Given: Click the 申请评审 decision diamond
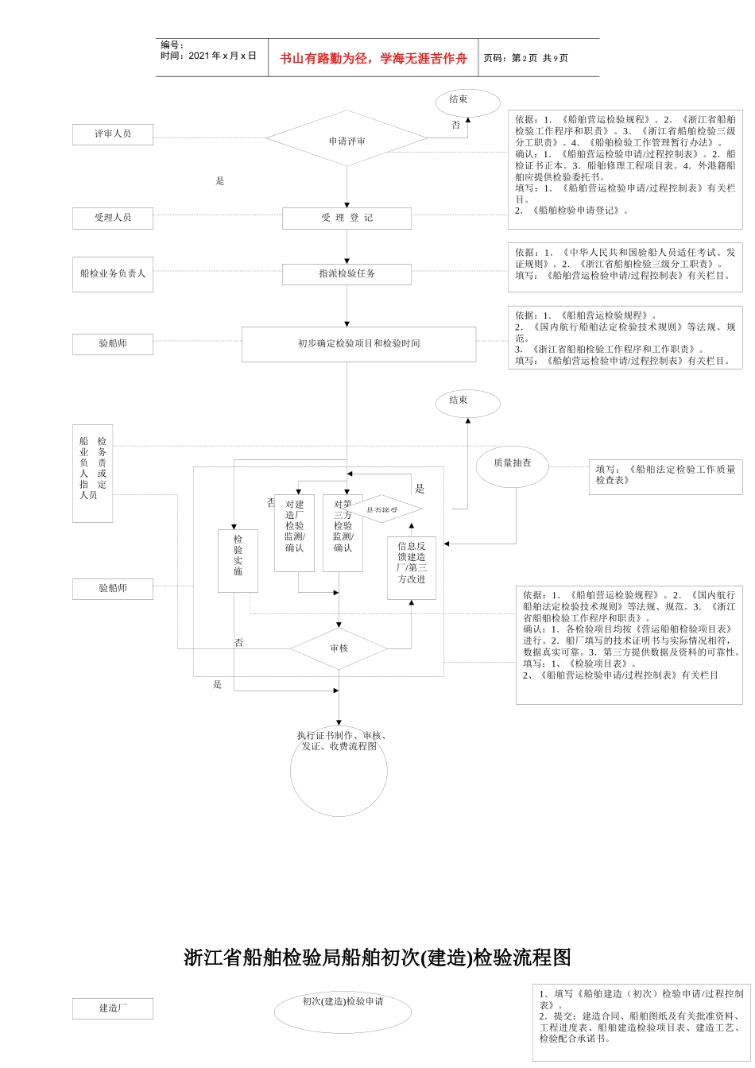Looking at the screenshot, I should (347, 140).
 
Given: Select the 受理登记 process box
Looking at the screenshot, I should (347, 218).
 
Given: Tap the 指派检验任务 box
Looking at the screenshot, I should (347, 273).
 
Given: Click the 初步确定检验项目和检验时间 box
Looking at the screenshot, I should (358, 343).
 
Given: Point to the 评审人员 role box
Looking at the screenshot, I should (112, 133).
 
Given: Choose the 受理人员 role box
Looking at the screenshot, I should (112, 218).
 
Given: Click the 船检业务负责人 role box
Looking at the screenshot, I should (112, 273).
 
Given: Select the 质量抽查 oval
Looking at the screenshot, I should (512, 464).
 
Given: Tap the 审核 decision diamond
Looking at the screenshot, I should (339, 648).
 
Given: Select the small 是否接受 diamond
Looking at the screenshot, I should (382, 509).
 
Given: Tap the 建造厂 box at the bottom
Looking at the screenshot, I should (112, 1008).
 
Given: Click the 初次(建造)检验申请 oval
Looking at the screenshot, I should (343, 1011).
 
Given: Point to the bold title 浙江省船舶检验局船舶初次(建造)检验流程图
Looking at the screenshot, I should (377, 958).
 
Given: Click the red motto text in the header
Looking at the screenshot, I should (373, 58).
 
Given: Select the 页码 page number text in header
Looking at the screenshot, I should (525, 58).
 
